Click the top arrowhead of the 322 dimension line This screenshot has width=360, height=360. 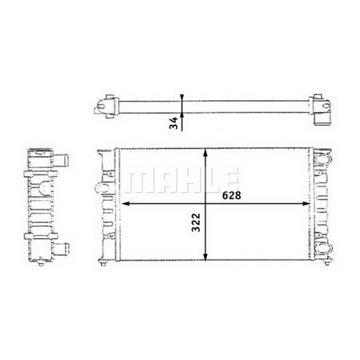207,152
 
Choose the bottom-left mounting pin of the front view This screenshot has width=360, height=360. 104,263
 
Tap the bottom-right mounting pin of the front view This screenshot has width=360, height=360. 323,263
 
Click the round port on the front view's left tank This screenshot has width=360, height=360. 100,189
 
